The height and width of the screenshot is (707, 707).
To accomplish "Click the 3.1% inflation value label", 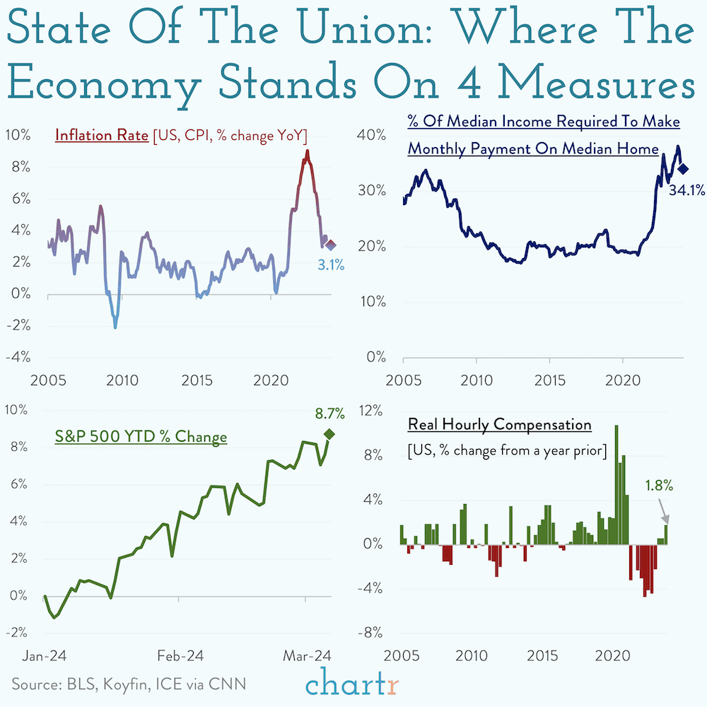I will point(330,266).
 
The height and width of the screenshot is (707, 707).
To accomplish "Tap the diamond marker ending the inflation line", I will point(330,245).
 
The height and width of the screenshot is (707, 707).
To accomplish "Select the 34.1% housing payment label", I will point(687,190).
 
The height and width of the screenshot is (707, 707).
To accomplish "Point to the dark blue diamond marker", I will point(682,168).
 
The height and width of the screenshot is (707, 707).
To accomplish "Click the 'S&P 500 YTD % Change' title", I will point(141,437).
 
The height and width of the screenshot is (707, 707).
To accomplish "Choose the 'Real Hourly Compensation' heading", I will point(499,425).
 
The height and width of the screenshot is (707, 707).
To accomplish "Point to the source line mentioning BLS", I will point(129,684).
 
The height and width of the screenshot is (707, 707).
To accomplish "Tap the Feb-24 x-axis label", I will point(181,655).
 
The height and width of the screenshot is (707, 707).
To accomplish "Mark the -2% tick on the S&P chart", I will point(16,632).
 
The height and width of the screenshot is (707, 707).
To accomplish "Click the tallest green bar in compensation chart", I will point(617,484).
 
